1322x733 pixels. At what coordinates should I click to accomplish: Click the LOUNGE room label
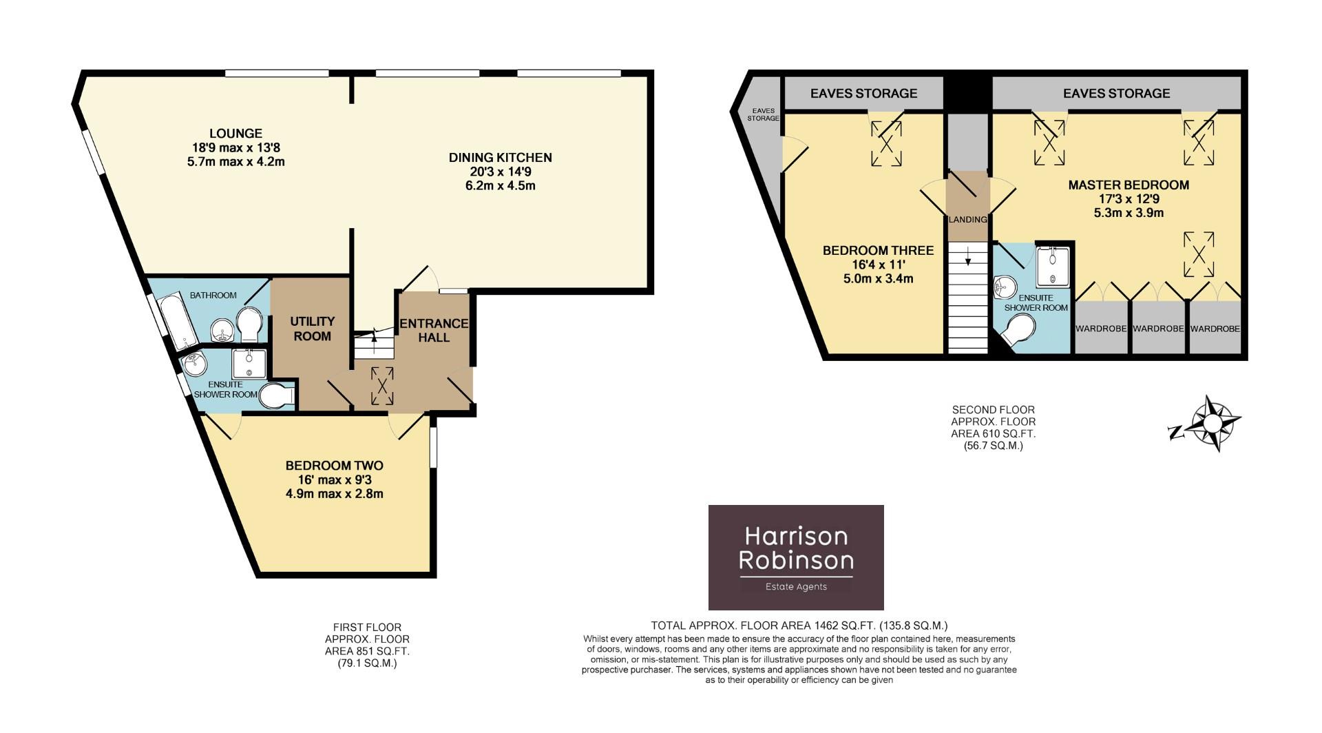pos(235,134)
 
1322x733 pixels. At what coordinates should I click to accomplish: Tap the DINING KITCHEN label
pos(500,158)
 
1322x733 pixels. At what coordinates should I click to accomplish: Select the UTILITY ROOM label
pos(312,329)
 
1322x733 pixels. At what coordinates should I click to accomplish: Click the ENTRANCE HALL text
pos(434,330)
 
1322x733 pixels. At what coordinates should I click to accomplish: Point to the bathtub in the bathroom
pos(177,321)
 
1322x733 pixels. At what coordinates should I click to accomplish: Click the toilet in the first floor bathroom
pos(249,324)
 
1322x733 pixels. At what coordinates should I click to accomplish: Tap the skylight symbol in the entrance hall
pos(381,386)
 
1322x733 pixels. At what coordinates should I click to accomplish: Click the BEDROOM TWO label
pos(334,466)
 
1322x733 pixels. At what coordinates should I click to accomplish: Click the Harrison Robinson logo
pos(796,557)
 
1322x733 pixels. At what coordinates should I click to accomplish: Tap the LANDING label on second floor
pos(967,220)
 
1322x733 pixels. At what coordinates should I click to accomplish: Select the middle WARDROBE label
pos(1158,329)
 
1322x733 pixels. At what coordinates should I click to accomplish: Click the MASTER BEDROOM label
pos(1129,185)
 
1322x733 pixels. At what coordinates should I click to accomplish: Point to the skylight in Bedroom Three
pos(886,143)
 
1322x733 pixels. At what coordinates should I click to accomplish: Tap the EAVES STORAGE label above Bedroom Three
pos(863,93)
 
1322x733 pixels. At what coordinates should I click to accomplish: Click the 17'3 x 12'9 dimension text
pos(1129,199)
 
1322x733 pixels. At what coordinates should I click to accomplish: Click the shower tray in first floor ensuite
pos(249,364)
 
